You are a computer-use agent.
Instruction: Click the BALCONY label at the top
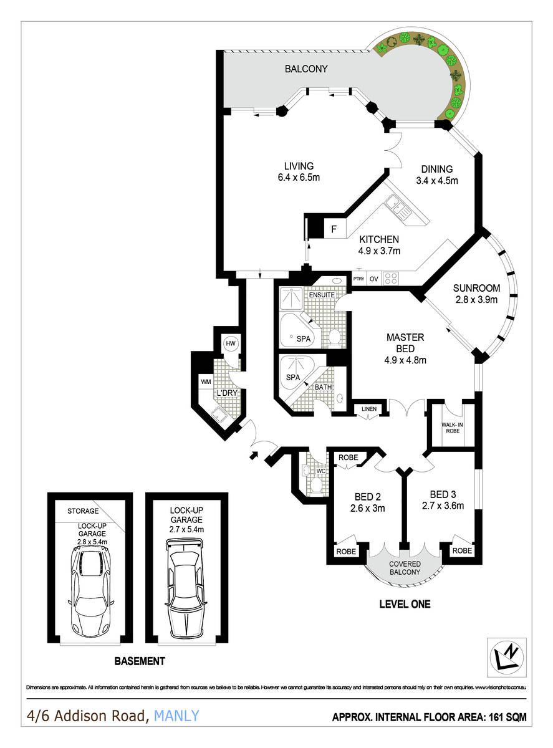pyautogui.click(x=306, y=69)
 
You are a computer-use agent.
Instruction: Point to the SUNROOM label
pyautogui.click(x=476, y=288)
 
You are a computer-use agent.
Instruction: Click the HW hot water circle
pyautogui.click(x=231, y=343)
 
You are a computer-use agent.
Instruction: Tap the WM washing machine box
pyautogui.click(x=206, y=381)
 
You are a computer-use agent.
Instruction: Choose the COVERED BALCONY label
pyautogui.click(x=405, y=568)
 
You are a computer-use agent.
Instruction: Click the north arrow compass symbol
pyautogui.click(x=504, y=656)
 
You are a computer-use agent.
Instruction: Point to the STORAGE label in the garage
pyautogui.click(x=84, y=511)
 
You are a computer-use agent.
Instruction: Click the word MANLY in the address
pyautogui.click(x=176, y=716)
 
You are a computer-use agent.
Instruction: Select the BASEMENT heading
pyautogui.click(x=140, y=661)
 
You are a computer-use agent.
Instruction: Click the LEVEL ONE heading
pyautogui.click(x=405, y=604)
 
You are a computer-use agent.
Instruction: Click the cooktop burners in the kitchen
pyautogui.click(x=390, y=278)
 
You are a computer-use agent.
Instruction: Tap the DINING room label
pyautogui.click(x=436, y=169)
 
